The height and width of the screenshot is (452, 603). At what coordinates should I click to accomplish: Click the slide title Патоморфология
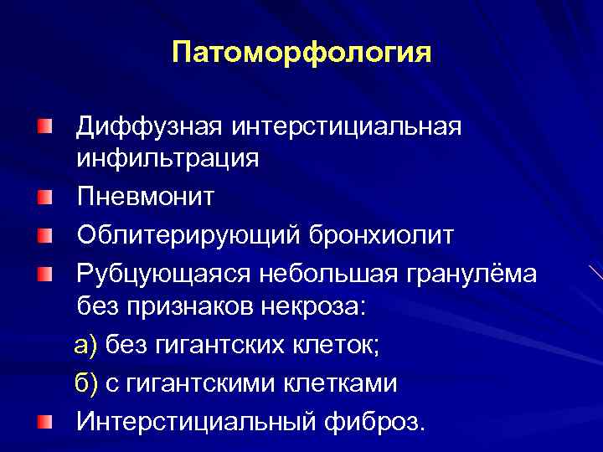pyautogui.click(x=301, y=54)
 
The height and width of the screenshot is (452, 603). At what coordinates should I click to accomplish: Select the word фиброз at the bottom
pyautogui.click(x=373, y=419)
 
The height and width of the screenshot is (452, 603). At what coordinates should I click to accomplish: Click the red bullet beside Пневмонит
pyautogui.click(x=44, y=198)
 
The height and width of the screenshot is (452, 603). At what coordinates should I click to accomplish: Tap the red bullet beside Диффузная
pyautogui.click(x=44, y=127)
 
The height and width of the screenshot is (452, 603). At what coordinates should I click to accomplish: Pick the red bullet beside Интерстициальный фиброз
pyautogui.click(x=44, y=419)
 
